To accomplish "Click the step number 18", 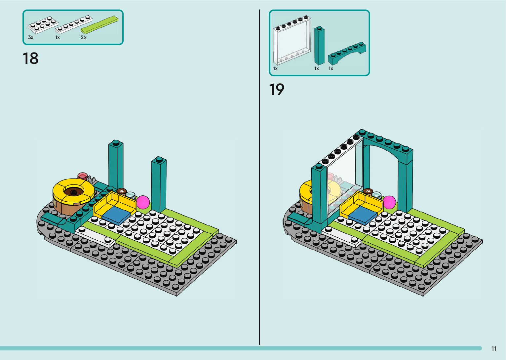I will (x=30, y=59).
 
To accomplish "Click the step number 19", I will (x=277, y=90).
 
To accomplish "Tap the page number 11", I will (x=494, y=348).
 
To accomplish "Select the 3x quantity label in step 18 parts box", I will (x=31, y=37).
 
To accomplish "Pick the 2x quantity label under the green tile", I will (x=84, y=37).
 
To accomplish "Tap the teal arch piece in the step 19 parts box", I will (x=347, y=53).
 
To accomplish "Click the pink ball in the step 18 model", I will (x=143, y=202).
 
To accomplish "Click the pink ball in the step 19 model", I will (x=389, y=202).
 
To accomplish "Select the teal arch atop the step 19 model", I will (x=387, y=145).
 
